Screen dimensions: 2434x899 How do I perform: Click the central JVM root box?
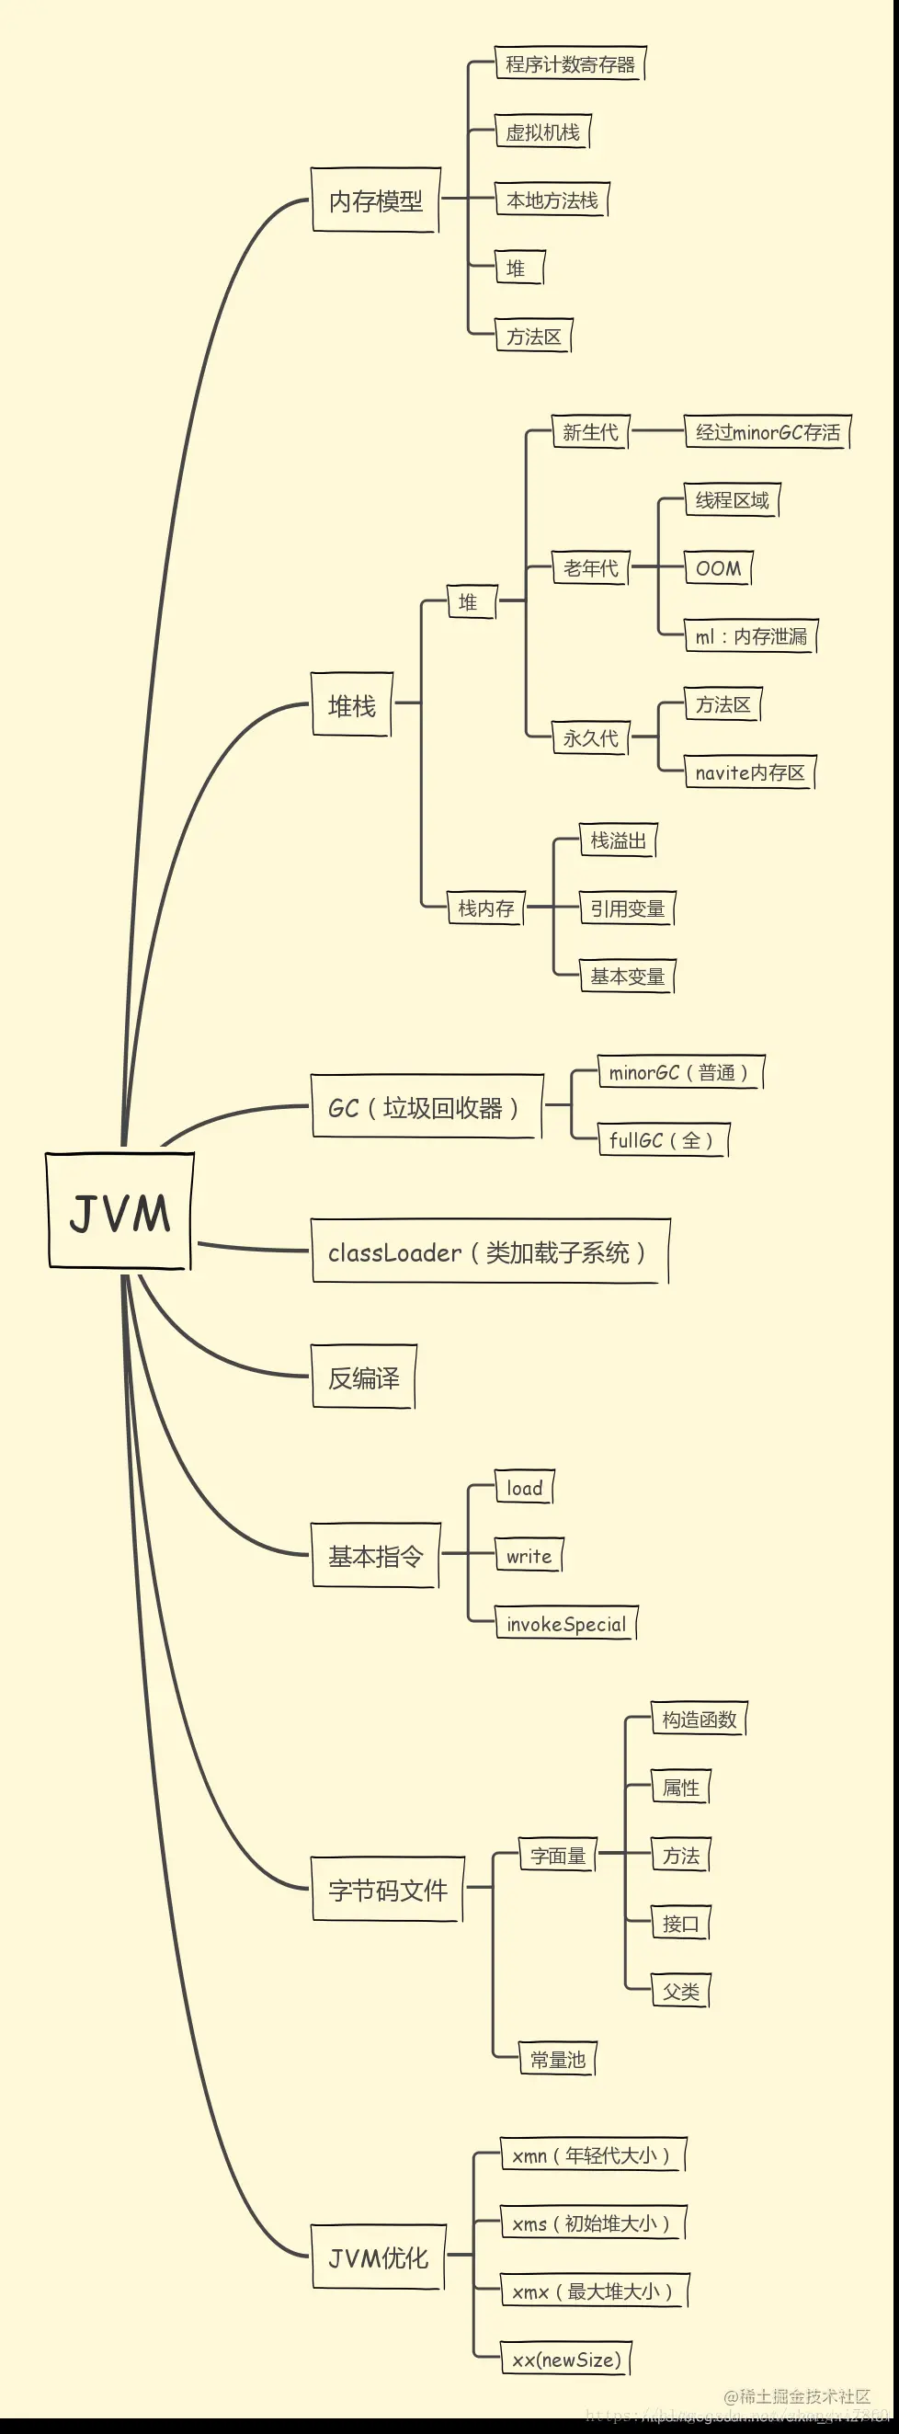(119, 1211)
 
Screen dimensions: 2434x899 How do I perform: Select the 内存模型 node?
(375, 200)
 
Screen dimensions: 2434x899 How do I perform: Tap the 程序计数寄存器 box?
(569, 64)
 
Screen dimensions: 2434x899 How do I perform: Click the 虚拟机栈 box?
(542, 132)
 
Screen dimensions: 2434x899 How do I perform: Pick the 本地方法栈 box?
(552, 200)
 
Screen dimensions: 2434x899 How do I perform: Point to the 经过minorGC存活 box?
(767, 433)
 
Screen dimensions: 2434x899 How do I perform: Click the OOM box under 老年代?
(718, 568)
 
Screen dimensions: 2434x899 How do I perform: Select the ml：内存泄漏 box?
(751, 637)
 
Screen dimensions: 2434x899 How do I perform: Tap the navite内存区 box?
(749, 773)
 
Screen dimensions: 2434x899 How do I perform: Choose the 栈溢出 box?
(618, 841)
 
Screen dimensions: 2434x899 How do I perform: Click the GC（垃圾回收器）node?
(427, 1107)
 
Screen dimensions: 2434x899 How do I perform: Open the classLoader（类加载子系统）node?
(489, 1253)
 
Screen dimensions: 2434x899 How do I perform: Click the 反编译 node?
(364, 1377)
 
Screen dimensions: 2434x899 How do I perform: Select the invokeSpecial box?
(565, 1624)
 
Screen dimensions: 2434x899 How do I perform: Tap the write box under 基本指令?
(528, 1556)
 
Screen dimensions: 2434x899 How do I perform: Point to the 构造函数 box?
(699, 1720)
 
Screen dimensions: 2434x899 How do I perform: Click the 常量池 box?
(557, 2060)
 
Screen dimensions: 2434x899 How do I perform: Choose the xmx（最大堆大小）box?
(593, 2291)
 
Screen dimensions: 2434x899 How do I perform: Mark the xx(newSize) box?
(565, 2360)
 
